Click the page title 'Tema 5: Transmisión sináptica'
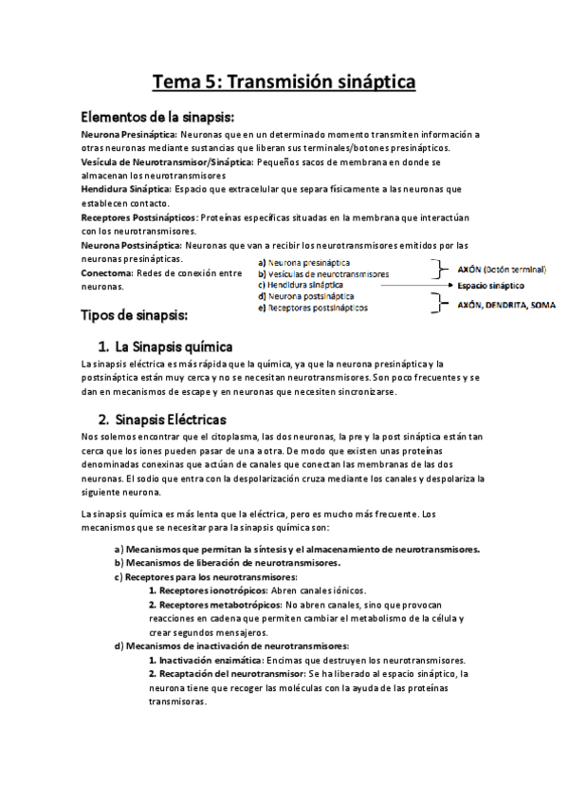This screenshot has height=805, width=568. (x=284, y=83)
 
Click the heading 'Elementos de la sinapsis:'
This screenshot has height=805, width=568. (x=156, y=117)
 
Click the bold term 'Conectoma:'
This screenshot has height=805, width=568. (x=106, y=273)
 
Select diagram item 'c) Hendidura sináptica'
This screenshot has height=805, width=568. (x=301, y=285)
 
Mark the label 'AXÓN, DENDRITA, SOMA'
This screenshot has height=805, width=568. (x=506, y=306)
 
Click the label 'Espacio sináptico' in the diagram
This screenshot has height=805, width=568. (x=495, y=286)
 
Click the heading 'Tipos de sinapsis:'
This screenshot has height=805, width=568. (x=136, y=314)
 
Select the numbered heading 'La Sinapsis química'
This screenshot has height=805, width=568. (x=173, y=346)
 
